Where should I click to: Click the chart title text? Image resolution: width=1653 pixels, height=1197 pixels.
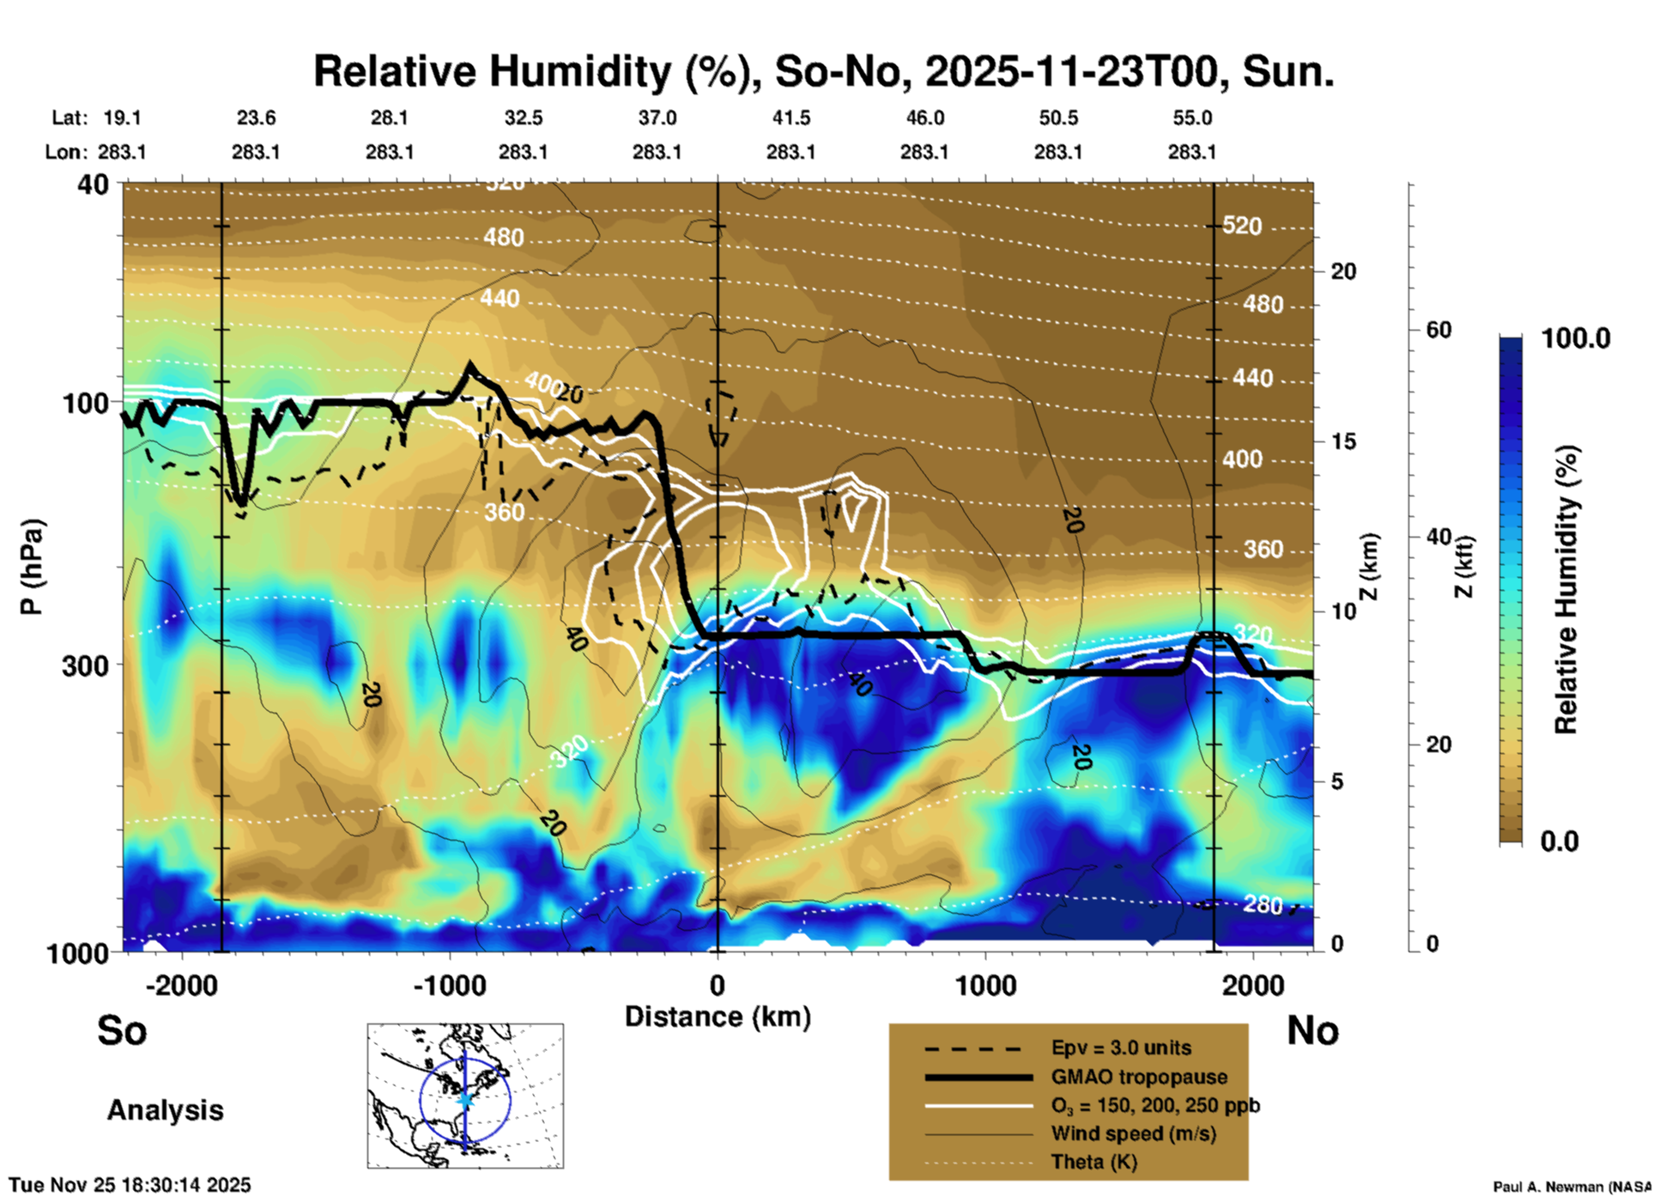(823, 71)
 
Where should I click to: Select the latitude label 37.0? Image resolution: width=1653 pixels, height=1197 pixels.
(657, 118)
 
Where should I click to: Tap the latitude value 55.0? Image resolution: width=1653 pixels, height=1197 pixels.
(1191, 118)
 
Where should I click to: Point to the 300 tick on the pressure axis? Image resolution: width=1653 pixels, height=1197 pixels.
(86, 665)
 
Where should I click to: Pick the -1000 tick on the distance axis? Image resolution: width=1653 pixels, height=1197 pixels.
(449, 986)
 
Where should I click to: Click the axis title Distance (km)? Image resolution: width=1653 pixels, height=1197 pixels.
(718, 1017)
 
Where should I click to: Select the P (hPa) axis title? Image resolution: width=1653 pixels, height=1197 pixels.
(32, 567)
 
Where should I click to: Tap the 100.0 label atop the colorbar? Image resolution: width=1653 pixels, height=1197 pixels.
(1576, 338)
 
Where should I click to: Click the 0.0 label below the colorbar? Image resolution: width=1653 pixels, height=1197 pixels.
(1559, 842)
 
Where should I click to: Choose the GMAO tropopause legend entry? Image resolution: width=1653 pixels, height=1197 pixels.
(1139, 1077)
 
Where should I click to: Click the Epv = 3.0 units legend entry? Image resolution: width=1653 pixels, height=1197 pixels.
(1121, 1048)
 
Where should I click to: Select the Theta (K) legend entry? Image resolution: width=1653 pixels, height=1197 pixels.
(1094, 1162)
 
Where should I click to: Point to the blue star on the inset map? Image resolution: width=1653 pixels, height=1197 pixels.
(465, 1099)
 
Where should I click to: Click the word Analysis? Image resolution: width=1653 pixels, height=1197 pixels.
(165, 1110)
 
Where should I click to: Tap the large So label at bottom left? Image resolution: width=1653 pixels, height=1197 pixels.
(122, 1030)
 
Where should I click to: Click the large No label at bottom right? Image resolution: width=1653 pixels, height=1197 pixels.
(1312, 1030)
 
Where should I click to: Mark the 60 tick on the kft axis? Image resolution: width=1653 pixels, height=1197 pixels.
(1438, 330)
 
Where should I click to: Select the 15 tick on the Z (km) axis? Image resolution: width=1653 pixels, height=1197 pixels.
(1343, 441)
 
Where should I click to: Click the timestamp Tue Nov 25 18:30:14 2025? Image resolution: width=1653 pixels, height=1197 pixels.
(130, 1185)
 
